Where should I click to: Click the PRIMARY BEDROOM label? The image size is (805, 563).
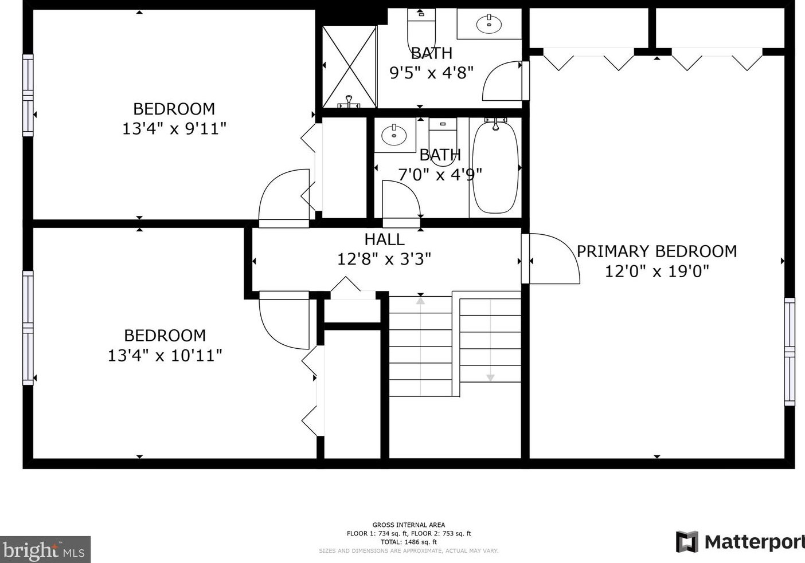(x=656, y=251)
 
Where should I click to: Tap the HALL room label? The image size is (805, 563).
(x=384, y=239)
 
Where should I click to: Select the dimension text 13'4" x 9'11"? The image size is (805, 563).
(x=174, y=128)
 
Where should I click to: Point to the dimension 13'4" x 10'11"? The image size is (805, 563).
(x=165, y=356)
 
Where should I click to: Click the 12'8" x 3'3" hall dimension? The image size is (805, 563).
(x=384, y=258)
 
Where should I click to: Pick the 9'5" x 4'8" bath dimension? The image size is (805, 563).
(x=431, y=73)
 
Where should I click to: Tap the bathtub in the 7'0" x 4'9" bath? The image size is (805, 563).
(x=495, y=167)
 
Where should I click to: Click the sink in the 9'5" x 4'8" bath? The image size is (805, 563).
(x=489, y=23)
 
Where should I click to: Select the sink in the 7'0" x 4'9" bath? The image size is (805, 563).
(x=394, y=135)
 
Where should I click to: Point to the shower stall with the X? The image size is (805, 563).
(x=349, y=67)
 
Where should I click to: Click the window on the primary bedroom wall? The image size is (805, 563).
(x=790, y=352)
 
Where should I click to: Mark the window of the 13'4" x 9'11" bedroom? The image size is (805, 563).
(x=28, y=95)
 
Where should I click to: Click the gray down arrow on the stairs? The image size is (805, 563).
(x=490, y=377)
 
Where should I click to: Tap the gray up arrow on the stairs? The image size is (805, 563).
(x=420, y=301)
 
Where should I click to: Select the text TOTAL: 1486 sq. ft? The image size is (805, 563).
(x=409, y=542)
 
